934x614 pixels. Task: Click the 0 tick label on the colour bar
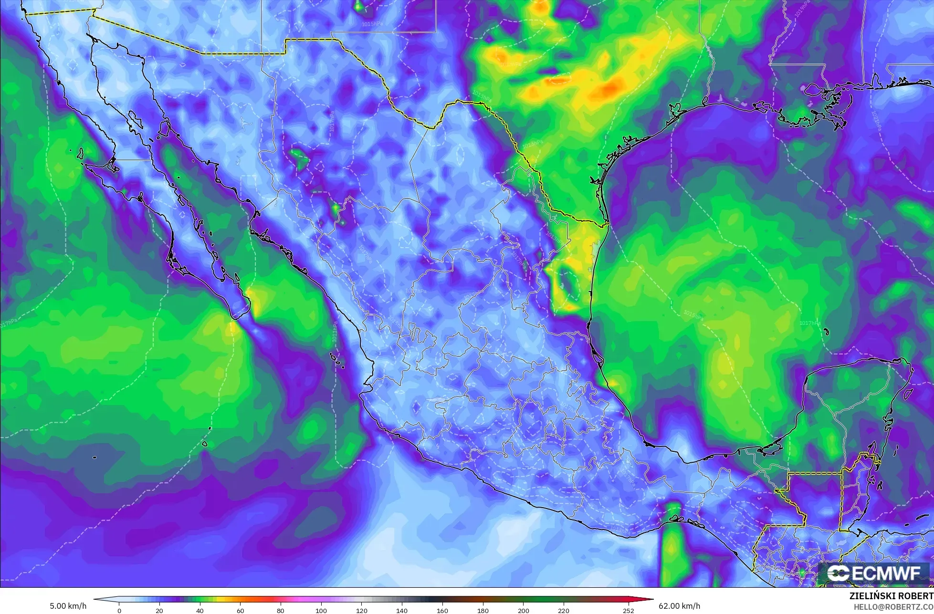tap(119, 610)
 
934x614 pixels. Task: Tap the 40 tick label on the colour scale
tap(200, 610)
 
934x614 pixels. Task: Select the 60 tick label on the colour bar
tap(241, 610)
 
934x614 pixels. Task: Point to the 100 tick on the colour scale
tap(321, 610)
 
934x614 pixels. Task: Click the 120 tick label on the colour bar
tap(362, 610)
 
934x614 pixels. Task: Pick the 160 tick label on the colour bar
tap(442, 610)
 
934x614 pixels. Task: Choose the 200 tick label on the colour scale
tap(524, 610)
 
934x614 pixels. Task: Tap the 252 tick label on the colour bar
tap(628, 610)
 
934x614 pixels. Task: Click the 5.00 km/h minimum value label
tap(68, 606)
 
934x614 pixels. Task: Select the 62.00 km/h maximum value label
tap(680, 606)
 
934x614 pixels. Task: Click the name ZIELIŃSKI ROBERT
tap(892, 596)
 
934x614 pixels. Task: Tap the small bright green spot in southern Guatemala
tap(802, 571)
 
